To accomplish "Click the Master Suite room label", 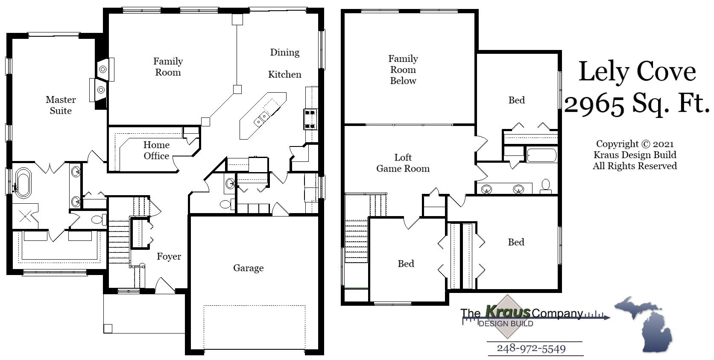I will [x=61, y=105].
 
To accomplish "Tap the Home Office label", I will [x=156, y=150].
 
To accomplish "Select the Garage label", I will [x=248, y=268].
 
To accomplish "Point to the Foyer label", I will [x=169, y=256].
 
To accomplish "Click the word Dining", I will [x=284, y=52].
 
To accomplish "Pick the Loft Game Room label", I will [x=403, y=163].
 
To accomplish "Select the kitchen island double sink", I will [x=261, y=119].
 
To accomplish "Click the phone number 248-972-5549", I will [x=531, y=348].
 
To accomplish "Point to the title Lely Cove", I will [x=637, y=71].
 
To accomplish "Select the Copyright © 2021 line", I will [x=635, y=144].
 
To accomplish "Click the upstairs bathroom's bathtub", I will [x=541, y=155].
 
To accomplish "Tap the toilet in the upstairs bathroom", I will [x=545, y=185].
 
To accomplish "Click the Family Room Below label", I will [x=403, y=70].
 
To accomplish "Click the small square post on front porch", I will [x=108, y=328].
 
